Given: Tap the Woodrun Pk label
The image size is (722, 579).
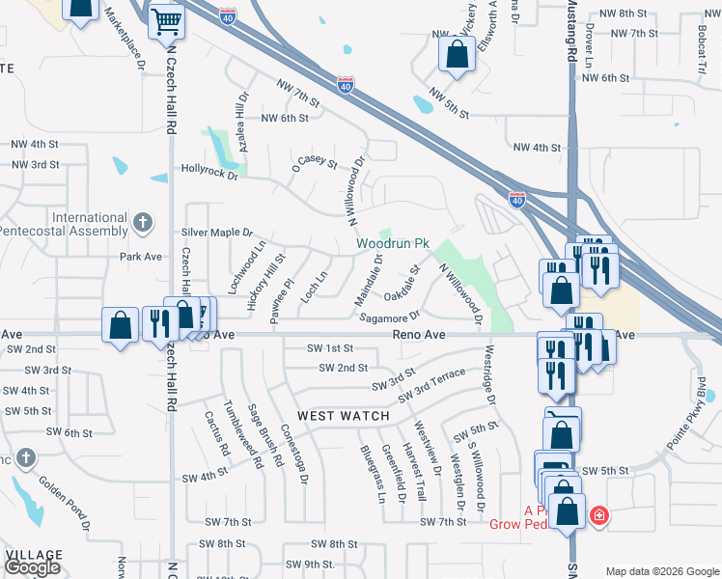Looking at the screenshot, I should click(x=392, y=244).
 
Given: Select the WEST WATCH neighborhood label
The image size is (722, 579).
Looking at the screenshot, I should click(x=343, y=416).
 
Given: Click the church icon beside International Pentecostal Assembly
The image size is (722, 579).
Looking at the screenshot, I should click(x=142, y=224).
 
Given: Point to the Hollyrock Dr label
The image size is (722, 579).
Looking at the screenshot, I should click(x=209, y=171).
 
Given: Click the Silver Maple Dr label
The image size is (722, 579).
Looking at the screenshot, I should click(x=216, y=233).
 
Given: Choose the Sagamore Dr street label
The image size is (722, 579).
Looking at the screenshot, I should click(x=390, y=316).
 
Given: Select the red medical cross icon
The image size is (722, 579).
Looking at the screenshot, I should click(x=599, y=516).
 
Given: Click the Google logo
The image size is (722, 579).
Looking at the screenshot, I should click(x=32, y=567).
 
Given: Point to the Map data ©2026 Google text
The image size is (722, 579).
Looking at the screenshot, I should click(x=662, y=571).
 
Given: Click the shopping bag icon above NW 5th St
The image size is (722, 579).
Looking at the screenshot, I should click(x=457, y=55).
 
